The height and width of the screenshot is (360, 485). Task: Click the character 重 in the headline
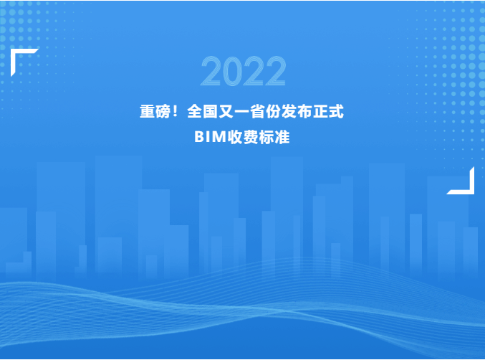pos(148,111)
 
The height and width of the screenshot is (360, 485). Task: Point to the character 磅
pos(163,111)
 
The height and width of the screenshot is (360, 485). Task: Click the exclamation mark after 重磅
pos(176,111)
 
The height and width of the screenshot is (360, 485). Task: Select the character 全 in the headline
pos(195,111)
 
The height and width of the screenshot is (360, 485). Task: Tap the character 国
pos(211,111)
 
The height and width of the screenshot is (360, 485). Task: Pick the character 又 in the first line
pos(226,111)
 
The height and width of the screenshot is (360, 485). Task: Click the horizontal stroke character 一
pos(242,112)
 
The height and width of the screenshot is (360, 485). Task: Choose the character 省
pos(258,111)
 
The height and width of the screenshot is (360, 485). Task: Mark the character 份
pos(274,111)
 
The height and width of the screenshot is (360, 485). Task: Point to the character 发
pos(289,111)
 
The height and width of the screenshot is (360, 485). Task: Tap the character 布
pos(305,111)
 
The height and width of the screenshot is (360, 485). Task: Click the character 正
pos(321,111)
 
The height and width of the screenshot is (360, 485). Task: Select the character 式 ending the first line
pos(337,111)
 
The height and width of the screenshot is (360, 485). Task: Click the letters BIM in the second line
pos(211,137)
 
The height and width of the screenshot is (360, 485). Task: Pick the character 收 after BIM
pos(235,137)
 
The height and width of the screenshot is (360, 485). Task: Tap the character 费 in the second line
pos(251,137)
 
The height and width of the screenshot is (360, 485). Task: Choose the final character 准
pos(282,137)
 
